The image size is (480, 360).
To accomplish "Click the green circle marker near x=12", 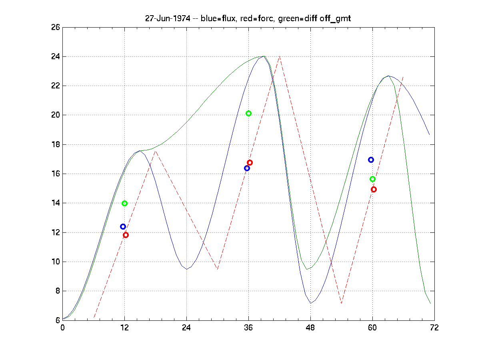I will pos(124,203).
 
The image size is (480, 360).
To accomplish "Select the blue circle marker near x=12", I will pos(123,227).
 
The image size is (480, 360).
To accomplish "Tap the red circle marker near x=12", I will pos(126,235).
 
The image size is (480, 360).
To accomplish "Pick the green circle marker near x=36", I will pos(248,113).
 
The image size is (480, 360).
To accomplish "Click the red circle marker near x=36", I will pos(250,162).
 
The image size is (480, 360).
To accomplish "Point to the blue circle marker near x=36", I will pos(247,168).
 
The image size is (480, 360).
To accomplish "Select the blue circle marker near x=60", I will pos(371,160).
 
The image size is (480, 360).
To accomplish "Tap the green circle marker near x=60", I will pos(372,179).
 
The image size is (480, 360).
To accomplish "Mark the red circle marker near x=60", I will pos(374,189).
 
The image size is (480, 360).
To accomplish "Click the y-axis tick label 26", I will pos(55,28).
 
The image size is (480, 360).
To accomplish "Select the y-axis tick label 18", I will pos(55,145).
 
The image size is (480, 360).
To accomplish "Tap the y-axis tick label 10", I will pos(55,262).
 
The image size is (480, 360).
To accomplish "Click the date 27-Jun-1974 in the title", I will pos(168,19).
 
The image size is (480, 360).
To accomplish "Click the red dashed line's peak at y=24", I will pos(279,56).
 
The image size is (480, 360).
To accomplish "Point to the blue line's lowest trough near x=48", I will pos(310,303).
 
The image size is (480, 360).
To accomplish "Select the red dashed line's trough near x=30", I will pos(217,269).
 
